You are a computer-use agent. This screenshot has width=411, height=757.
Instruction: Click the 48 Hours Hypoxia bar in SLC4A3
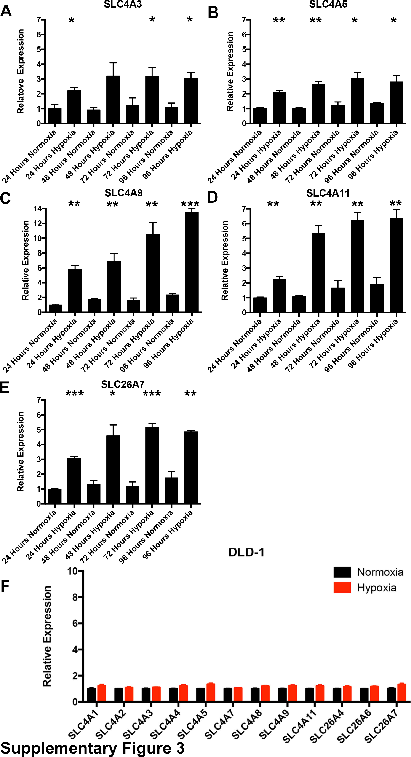click(113, 100)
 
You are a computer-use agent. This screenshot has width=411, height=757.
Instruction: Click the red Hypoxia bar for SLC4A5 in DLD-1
click(211, 692)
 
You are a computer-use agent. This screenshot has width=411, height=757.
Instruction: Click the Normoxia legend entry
click(380, 572)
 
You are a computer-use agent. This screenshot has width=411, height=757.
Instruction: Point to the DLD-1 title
click(246, 553)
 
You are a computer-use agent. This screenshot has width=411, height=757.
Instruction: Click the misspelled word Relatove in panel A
click(21, 100)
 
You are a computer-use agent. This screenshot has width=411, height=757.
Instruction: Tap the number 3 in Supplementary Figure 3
click(179, 748)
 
